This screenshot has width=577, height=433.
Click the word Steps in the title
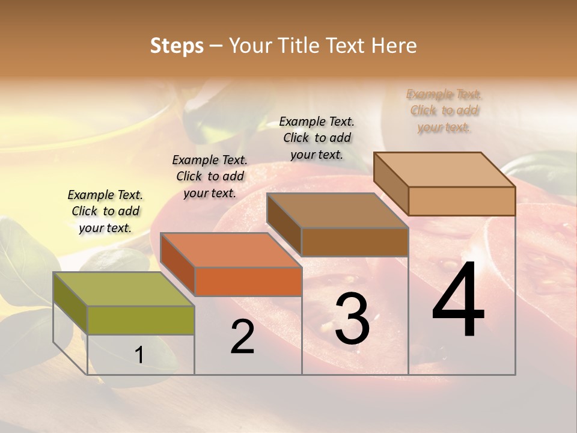coord(177,46)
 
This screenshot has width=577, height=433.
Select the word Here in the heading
coord(395,46)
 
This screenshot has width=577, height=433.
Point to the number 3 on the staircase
coord(352,320)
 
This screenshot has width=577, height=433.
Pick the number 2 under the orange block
coord(242,337)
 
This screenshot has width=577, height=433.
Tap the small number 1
coord(139,355)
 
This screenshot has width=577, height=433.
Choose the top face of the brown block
coord(337,210)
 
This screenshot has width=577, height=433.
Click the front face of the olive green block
coord(141,320)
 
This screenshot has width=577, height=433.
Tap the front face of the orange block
coord(248,281)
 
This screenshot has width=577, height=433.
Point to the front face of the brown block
coord(355,242)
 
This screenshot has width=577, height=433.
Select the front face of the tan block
coord(462,201)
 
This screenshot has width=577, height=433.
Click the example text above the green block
coord(105,211)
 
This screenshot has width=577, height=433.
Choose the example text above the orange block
coord(210,176)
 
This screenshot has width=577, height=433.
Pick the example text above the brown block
coord(317,138)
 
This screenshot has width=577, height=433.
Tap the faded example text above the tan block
coord(444,111)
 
